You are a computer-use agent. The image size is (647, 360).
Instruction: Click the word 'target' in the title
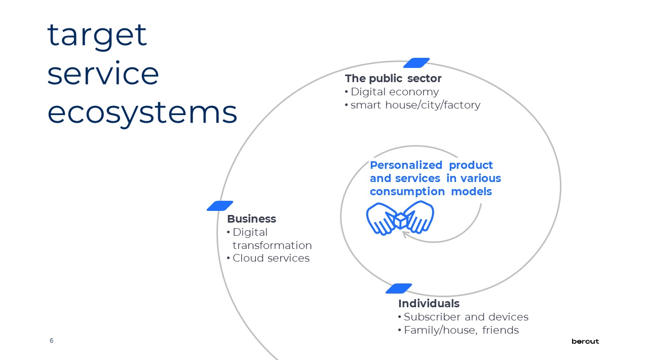point(97,36)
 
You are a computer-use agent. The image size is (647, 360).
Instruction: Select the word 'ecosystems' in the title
point(142,114)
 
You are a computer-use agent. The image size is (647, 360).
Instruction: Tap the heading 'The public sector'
point(393,79)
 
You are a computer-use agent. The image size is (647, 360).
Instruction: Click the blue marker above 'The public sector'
point(416,63)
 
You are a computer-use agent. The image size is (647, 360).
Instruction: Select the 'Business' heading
point(252,219)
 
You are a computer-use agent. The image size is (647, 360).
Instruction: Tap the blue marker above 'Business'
point(220,206)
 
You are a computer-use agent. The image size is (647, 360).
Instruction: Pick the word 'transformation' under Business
point(272,245)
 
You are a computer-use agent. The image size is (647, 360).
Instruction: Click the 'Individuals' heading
point(429,304)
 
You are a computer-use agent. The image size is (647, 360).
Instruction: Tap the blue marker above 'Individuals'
point(399,289)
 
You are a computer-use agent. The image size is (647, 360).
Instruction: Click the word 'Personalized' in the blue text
point(406,165)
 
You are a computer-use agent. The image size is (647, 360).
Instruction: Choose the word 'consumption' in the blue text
point(407,192)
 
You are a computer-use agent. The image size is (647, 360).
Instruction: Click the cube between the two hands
point(400,221)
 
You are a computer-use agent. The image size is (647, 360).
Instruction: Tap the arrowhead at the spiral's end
point(405,234)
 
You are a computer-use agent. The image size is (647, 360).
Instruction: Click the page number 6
point(51,341)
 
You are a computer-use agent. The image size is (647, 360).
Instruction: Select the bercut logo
point(585,342)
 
